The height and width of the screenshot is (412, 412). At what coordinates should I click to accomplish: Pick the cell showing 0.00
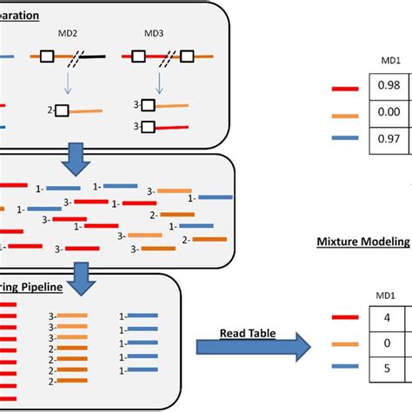389,114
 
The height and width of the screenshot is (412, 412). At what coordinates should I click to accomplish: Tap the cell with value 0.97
389,140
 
